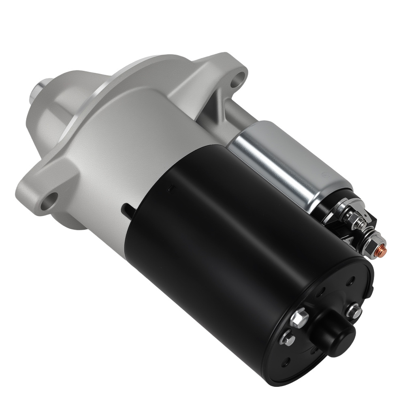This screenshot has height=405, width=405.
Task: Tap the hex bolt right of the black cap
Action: (354, 311)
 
